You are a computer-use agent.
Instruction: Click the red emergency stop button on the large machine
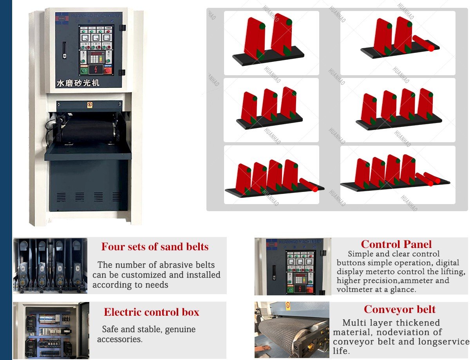tap(108, 71)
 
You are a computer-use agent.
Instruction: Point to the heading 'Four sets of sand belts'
tap(155, 247)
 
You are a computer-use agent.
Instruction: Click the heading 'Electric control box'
tap(152, 312)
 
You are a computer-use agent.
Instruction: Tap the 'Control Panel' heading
tap(396, 244)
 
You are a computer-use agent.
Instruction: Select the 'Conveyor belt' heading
tap(399, 309)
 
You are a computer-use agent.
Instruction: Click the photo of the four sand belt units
tap(50, 265)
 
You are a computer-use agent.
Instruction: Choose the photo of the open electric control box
tap(51, 330)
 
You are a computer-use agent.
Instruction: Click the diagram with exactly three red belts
tap(271, 110)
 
